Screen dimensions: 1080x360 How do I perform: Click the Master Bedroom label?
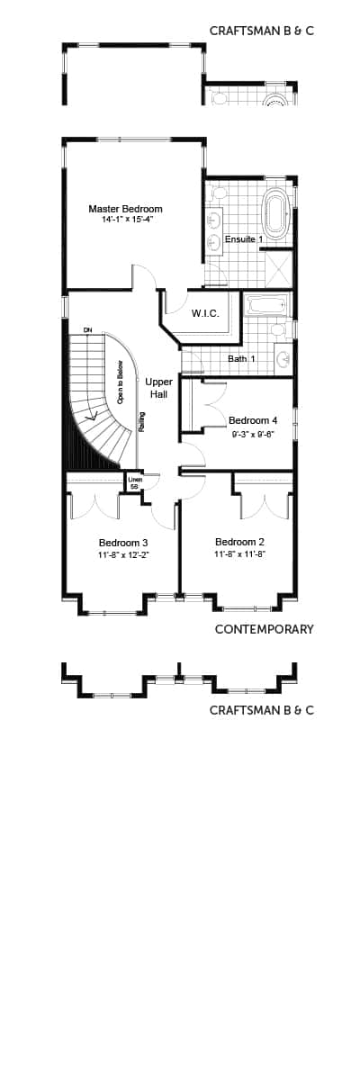point(125,209)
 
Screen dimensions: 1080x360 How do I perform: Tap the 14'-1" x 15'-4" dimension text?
point(125,219)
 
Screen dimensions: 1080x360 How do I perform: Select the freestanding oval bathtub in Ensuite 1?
point(275,213)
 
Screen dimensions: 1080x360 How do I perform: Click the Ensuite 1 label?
point(244,239)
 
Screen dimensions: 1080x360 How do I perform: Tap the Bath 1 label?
point(242,359)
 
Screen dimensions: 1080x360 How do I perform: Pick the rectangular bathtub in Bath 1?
point(266,305)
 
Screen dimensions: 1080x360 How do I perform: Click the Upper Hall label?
point(158,388)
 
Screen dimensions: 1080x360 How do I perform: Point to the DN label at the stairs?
point(87,330)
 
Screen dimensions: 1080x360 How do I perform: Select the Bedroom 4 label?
point(253,420)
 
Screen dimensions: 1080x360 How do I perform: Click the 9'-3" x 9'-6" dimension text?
point(253,432)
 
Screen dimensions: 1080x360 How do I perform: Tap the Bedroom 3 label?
point(123,543)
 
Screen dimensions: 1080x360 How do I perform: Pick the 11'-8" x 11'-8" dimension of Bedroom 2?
point(239,554)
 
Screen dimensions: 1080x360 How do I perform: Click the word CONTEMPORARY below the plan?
point(264,629)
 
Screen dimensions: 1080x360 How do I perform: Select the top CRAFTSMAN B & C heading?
point(261,31)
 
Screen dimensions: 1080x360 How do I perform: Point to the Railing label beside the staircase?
point(141,420)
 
